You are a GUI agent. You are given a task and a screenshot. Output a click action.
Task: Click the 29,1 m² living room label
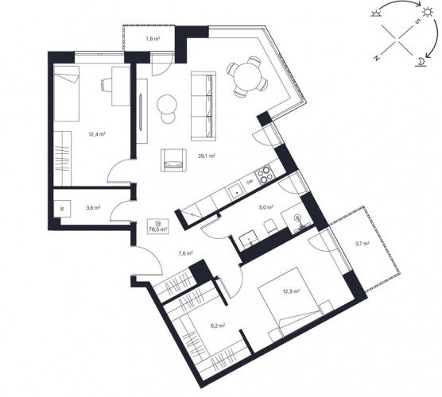point(207,156)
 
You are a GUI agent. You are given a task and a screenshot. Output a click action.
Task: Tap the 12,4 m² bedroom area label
point(97,134)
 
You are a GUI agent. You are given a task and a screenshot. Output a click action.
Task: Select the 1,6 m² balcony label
point(153,39)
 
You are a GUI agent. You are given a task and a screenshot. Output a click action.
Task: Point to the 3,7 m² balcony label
point(362,243)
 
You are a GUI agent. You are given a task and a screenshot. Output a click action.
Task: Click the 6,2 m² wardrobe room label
point(217,326)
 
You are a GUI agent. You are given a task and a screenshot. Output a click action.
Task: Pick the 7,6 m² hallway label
point(185,253)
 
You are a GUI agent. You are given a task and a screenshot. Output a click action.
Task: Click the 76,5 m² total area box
point(158,226)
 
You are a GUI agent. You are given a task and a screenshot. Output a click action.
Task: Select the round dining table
point(248,77)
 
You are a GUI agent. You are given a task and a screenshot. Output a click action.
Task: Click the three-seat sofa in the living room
point(204,106)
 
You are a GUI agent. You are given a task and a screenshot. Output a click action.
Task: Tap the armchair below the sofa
point(173,160)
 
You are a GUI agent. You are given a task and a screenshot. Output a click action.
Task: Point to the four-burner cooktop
point(264,175)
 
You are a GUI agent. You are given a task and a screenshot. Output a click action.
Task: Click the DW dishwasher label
point(250,183)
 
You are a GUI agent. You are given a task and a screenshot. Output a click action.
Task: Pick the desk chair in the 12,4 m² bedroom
point(107,85)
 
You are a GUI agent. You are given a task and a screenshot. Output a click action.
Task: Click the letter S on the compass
point(419,21)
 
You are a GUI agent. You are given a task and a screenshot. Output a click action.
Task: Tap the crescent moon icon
point(421,62)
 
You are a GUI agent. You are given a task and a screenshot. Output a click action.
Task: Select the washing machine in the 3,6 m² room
point(62,209)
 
